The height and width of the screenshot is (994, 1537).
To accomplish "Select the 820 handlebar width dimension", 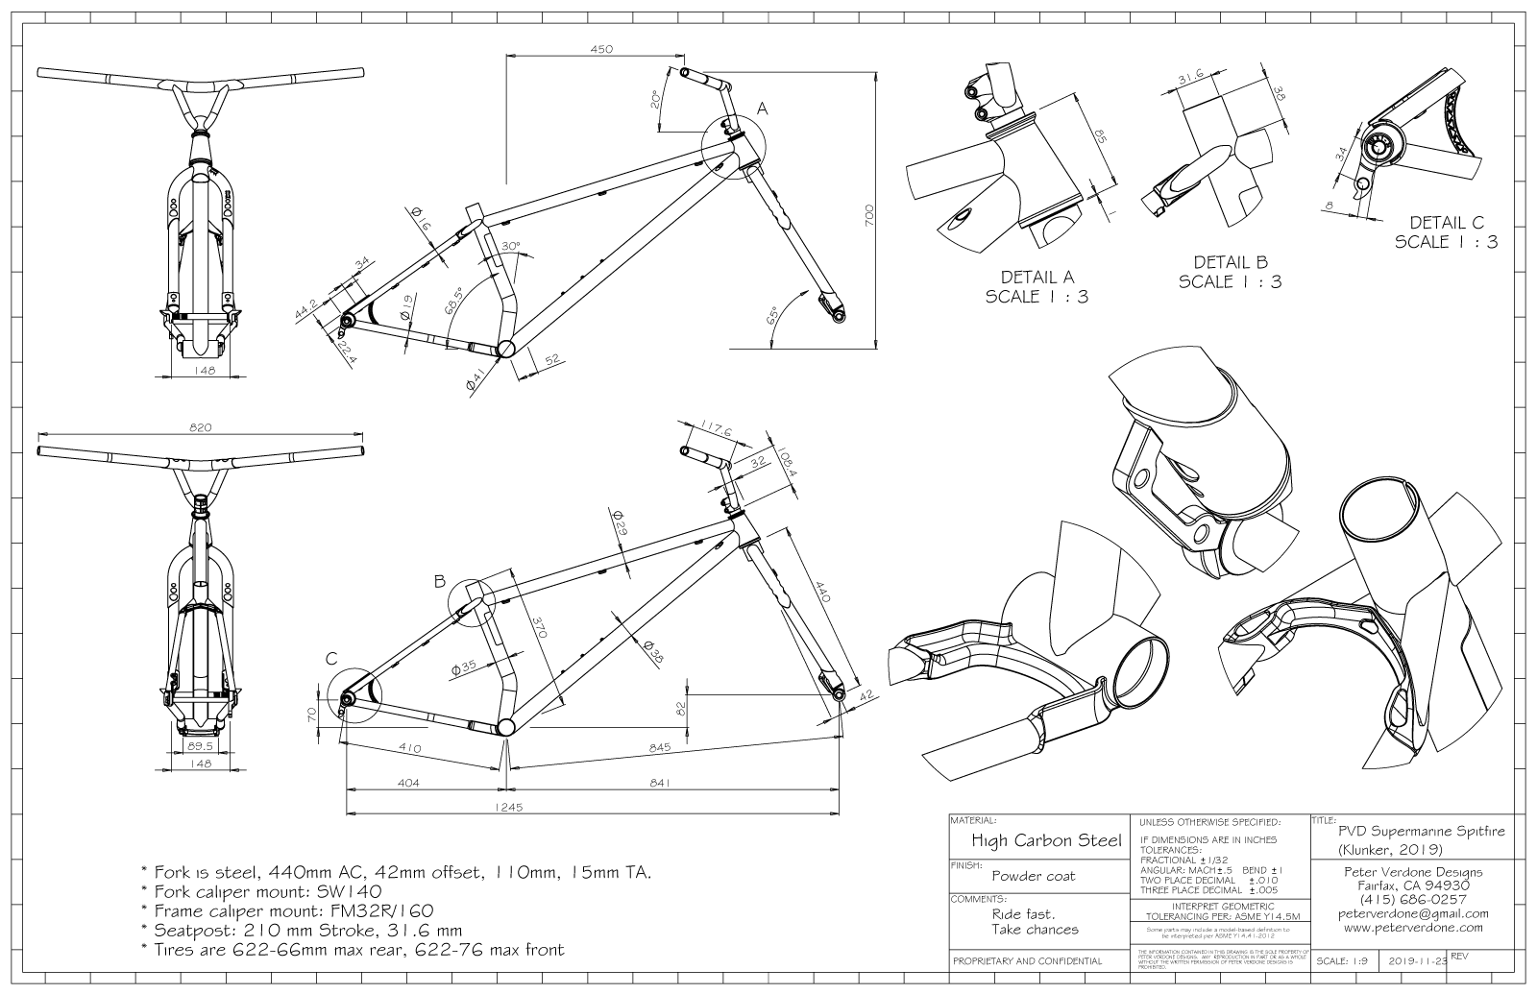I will tap(200, 427).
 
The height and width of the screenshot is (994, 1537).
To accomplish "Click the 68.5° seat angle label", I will tap(451, 305).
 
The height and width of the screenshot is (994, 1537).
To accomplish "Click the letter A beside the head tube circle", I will tap(762, 109).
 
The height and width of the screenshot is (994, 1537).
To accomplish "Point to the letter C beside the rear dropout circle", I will tap(330, 658).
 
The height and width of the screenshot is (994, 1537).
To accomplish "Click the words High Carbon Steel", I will tap(1046, 841).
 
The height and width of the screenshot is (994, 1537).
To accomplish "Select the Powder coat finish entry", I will tap(1033, 876).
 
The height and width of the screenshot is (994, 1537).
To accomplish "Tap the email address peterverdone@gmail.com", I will tap(1412, 913).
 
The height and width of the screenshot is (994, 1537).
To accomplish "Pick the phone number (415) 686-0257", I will tap(1412, 899).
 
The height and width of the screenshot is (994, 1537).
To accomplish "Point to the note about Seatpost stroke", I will tap(301, 930).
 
